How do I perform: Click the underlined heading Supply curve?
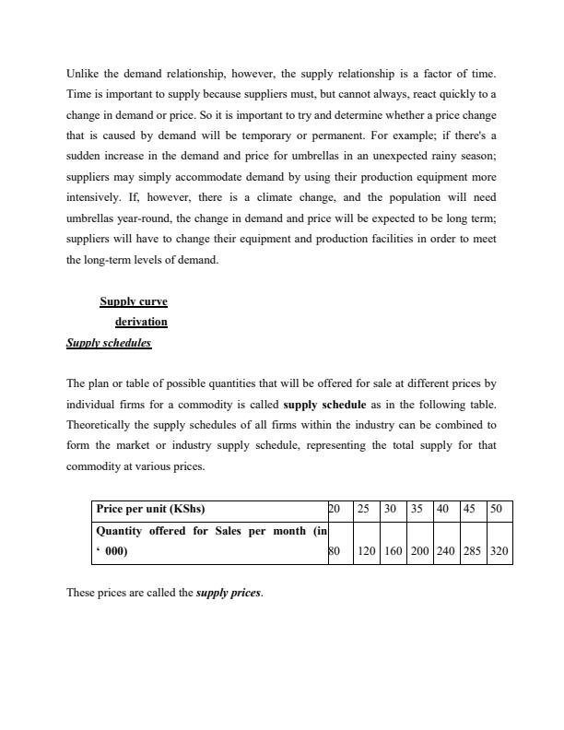pos(134,301)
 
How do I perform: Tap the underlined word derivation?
pos(141,322)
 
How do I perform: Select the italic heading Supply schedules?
pos(109,343)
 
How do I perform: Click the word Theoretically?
pos(104,425)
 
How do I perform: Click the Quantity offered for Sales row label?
pos(210,531)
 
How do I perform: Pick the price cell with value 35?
pos(417,509)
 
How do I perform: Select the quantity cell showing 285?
pos(472,552)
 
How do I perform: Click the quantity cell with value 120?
pos(366,552)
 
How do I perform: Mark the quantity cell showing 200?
pos(418,552)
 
